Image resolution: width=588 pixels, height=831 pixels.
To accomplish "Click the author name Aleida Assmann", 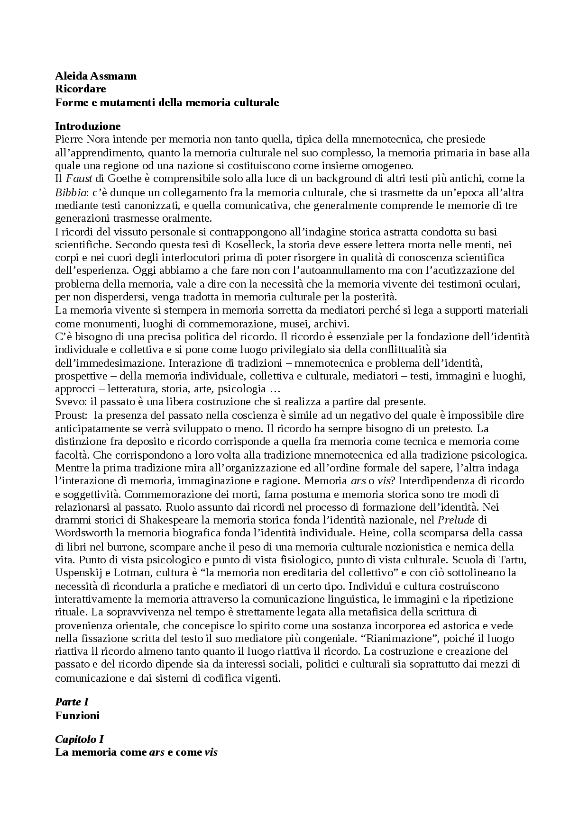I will (96, 76).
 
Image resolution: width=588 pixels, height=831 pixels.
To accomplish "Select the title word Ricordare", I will (81, 89).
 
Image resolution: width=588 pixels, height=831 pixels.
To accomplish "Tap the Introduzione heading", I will (88, 126).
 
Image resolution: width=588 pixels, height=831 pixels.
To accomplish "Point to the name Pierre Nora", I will (78, 140).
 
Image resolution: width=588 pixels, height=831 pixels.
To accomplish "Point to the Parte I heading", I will (72, 702).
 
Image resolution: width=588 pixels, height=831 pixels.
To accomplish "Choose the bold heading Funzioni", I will (77, 715).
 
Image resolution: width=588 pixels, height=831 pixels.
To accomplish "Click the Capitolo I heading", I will (79, 739).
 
